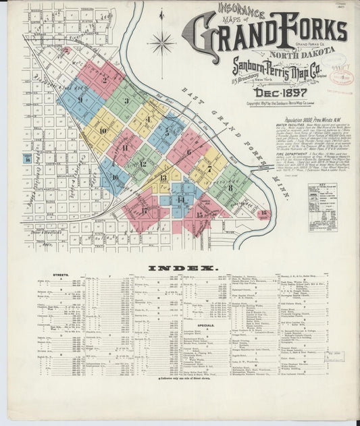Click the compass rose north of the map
point(161,45)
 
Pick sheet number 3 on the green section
point(126,101)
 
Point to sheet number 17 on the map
point(145,210)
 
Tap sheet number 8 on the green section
point(230,188)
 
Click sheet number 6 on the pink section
point(188,152)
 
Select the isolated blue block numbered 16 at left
point(27,159)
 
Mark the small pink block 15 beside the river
point(264,214)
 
